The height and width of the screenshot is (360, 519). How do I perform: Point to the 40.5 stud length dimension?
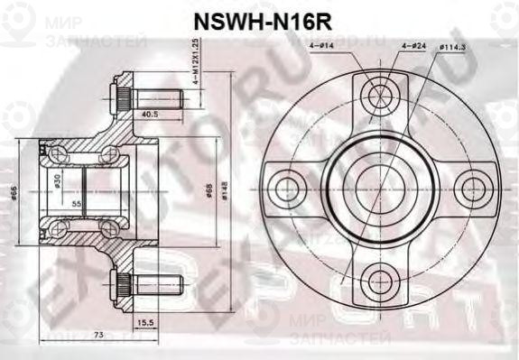point(149,114)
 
